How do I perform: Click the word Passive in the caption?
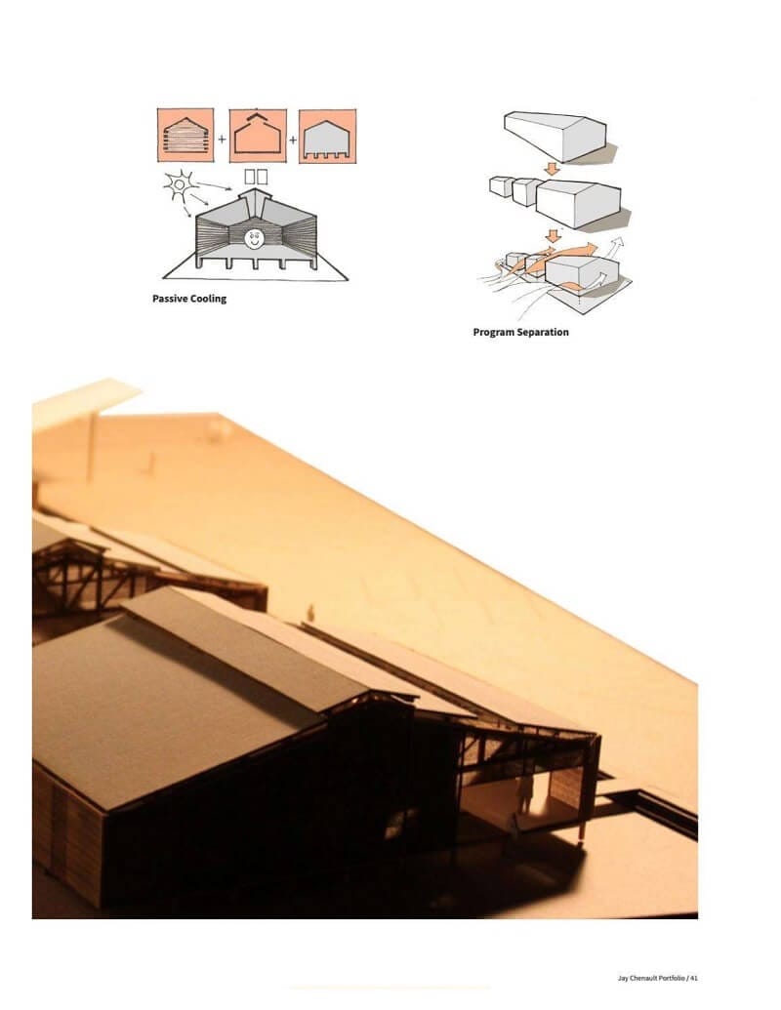click(x=169, y=299)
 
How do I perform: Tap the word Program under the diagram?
click(x=495, y=332)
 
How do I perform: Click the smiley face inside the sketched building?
click(x=255, y=237)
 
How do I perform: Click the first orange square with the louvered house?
click(x=185, y=137)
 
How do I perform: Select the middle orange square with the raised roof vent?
click(x=258, y=137)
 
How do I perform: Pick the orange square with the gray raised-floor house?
click(x=327, y=137)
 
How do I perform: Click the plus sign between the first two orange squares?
click(x=222, y=140)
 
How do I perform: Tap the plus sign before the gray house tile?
click(x=292, y=140)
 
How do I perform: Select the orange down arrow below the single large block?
click(x=552, y=169)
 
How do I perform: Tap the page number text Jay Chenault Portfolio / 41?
click(x=658, y=977)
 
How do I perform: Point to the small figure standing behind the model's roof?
click(x=310, y=612)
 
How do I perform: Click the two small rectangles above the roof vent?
click(x=256, y=177)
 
